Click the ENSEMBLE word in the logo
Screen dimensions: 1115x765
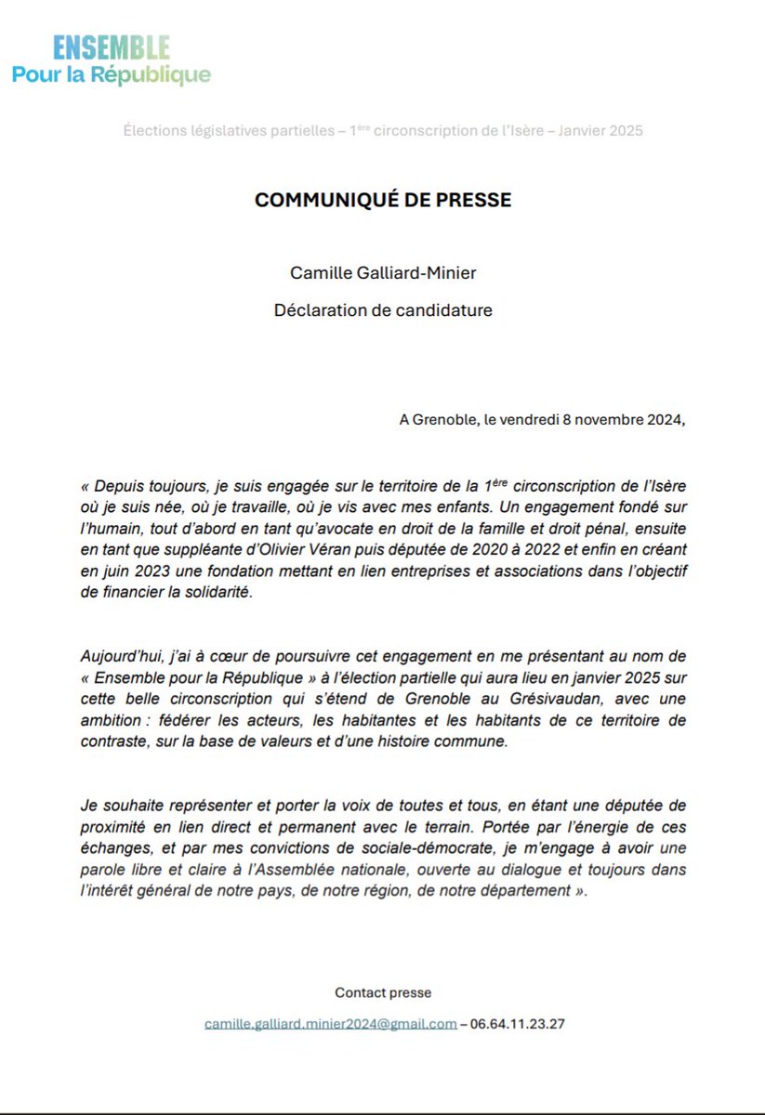coord(112,48)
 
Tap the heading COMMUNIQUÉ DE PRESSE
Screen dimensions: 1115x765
coord(383,201)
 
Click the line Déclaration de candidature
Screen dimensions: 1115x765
coord(383,310)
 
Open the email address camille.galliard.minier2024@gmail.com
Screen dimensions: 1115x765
coord(331,1024)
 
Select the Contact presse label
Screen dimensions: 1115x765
coord(383,992)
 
